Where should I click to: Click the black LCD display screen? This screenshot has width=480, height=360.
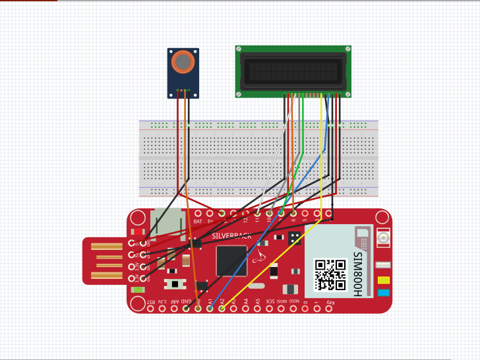293,71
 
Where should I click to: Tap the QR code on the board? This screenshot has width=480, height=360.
330,275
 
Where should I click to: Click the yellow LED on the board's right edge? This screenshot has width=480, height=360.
382,280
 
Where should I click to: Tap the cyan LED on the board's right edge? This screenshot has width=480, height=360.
382,293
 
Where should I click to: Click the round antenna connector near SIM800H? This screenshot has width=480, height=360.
382,238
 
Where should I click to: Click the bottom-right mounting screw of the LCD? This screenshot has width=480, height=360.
347,93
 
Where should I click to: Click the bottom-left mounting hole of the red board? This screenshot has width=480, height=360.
138,303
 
